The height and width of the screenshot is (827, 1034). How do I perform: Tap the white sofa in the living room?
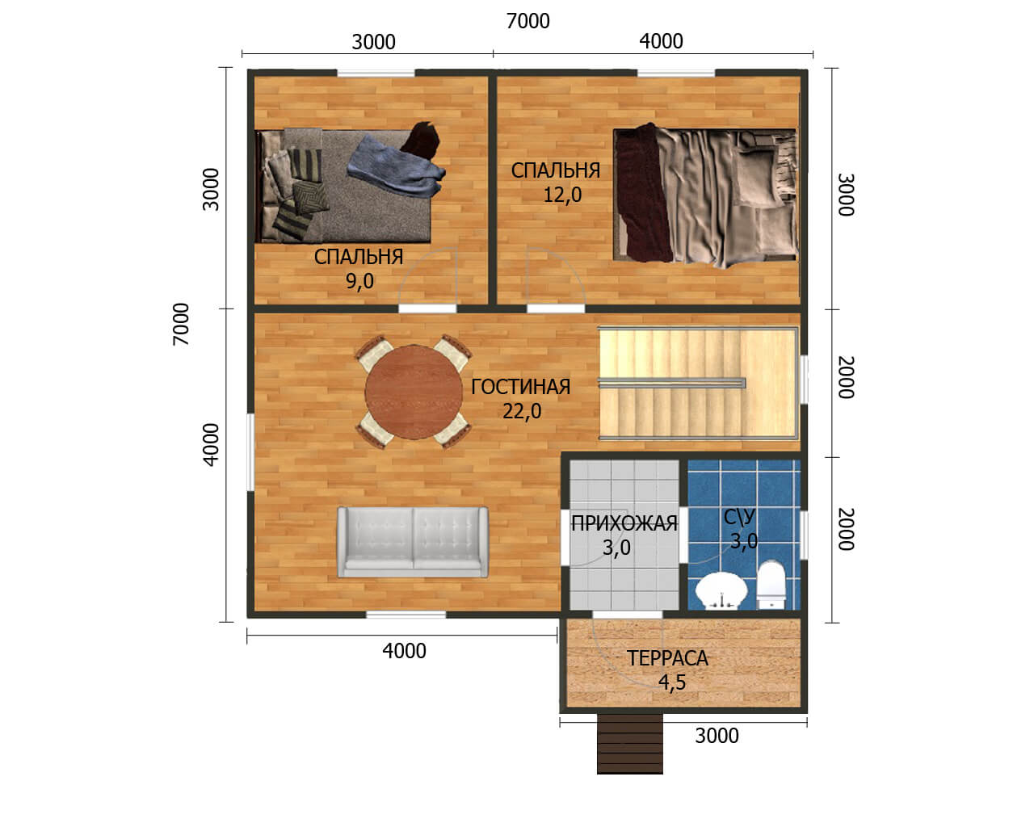(x=412, y=542)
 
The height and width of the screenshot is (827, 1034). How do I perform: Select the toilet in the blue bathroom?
(x=771, y=585)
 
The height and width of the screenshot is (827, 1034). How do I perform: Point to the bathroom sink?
(x=721, y=591)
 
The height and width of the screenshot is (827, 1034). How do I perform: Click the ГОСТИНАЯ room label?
(x=520, y=387)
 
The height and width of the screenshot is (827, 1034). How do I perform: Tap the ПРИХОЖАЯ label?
(x=624, y=523)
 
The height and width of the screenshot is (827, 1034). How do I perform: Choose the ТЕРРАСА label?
(x=667, y=658)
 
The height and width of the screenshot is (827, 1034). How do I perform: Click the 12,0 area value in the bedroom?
(x=562, y=195)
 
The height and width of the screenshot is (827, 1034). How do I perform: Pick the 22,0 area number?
(x=522, y=411)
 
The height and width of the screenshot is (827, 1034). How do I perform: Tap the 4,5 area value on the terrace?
(x=672, y=682)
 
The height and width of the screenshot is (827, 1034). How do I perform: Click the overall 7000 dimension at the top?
(x=528, y=22)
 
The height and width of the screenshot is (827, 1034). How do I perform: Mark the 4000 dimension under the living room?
(x=404, y=652)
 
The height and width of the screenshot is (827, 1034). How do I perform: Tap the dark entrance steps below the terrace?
(x=630, y=743)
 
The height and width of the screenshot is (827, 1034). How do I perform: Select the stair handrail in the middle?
(x=672, y=383)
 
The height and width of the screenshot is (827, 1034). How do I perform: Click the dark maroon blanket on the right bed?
(x=643, y=192)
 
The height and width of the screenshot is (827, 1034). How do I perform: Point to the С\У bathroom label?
(x=739, y=517)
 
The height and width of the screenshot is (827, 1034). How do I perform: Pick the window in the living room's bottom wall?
(x=406, y=614)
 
